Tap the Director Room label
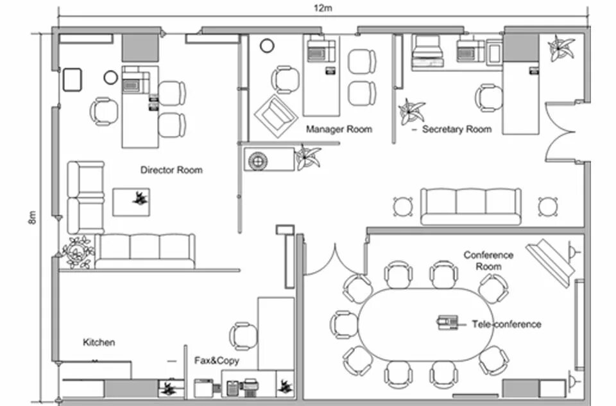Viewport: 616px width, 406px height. [x=171, y=170]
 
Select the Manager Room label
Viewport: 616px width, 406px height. [x=339, y=129]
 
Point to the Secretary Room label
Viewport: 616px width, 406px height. [x=456, y=129]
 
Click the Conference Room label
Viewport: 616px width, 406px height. [x=488, y=260]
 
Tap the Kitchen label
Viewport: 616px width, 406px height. [x=99, y=343]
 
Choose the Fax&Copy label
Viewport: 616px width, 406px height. [x=217, y=360]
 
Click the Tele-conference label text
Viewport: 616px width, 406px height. [x=506, y=324]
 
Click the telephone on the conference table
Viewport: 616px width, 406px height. [x=447, y=322]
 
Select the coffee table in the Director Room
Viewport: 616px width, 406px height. [x=132, y=201]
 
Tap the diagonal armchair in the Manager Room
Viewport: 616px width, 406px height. [x=276, y=115]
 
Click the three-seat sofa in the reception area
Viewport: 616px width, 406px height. [x=471, y=205]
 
